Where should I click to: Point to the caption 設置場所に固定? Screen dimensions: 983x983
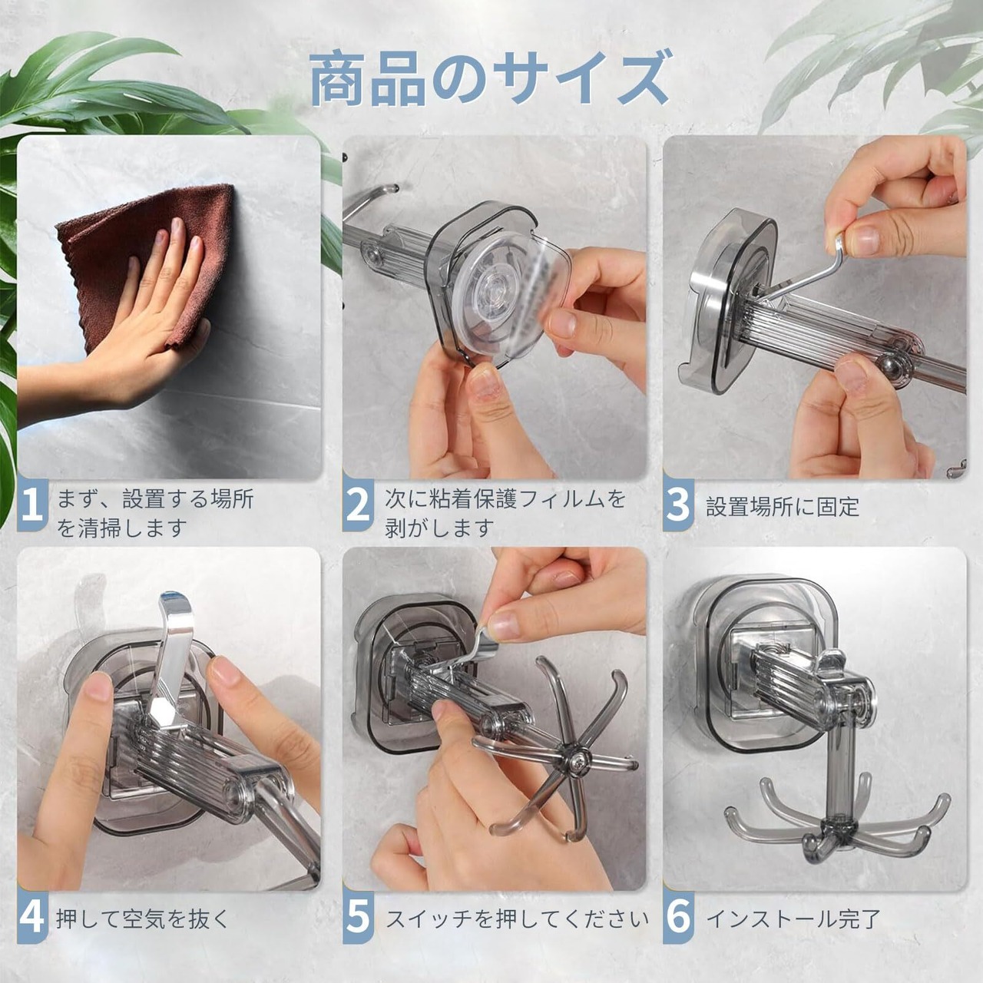click(x=783, y=508)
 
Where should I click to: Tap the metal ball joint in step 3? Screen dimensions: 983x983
click(x=890, y=366)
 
